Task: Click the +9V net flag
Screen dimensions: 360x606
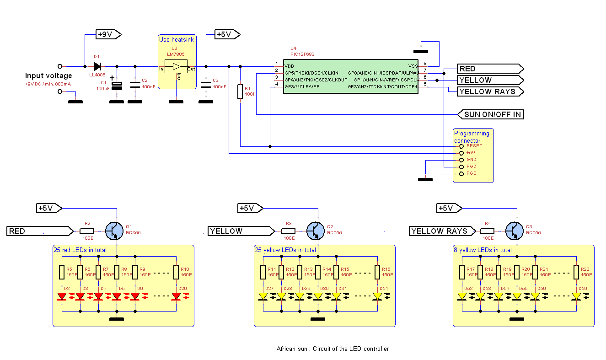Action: point(108,34)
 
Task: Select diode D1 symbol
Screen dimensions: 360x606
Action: point(97,66)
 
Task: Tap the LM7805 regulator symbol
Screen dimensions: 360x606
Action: point(177,67)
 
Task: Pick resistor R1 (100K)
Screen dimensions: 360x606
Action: point(240,91)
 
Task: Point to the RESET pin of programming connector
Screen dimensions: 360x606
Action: point(461,146)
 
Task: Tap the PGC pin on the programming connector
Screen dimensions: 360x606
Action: point(461,174)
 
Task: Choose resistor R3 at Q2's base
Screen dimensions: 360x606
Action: point(288,231)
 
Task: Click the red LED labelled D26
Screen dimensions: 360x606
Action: point(176,296)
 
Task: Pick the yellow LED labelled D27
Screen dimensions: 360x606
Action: point(263,296)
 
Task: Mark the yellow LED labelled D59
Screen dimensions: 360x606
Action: point(576,296)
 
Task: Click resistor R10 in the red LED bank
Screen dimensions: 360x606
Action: point(176,273)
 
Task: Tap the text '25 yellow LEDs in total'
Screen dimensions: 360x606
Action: point(285,250)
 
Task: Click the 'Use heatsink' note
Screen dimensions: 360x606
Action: point(176,40)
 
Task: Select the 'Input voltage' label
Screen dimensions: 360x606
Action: point(48,76)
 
